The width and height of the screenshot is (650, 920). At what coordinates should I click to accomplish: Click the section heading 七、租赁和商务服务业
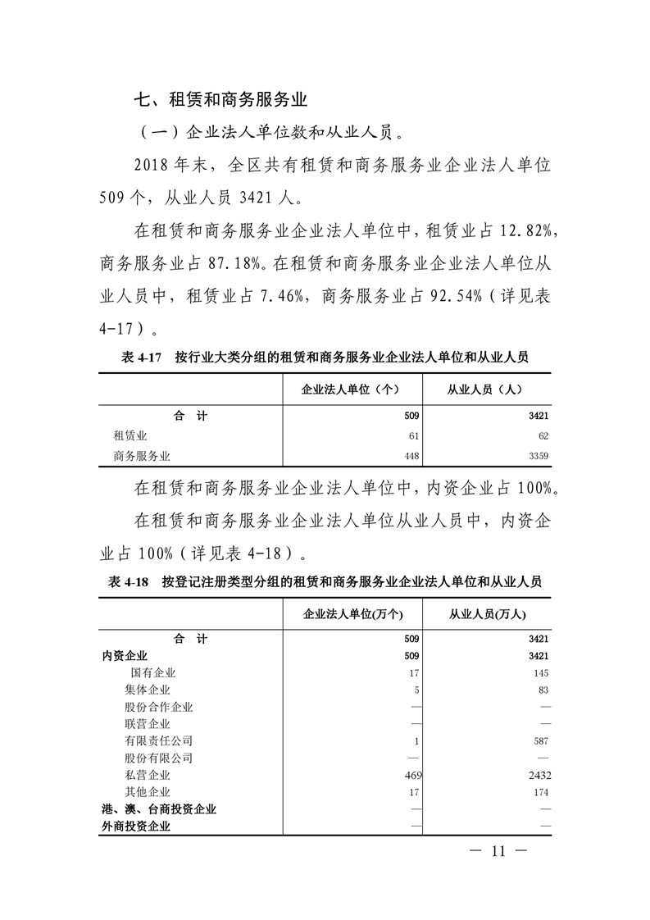point(220,101)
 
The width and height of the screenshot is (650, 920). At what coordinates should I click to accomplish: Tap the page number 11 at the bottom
point(498,850)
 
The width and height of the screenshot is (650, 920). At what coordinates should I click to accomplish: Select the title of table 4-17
point(325,358)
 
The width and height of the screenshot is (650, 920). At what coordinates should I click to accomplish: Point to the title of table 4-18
point(325,581)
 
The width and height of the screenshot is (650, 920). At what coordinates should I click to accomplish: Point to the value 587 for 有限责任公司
point(539,740)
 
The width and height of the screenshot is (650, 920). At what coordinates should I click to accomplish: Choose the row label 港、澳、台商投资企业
point(159,809)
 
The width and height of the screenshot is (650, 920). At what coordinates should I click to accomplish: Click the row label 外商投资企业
point(136,827)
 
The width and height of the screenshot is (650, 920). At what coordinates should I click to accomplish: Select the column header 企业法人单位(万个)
point(352,613)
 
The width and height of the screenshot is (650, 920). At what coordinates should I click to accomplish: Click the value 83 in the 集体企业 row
point(543,690)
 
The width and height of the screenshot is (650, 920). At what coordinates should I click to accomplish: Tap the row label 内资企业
point(125,655)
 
